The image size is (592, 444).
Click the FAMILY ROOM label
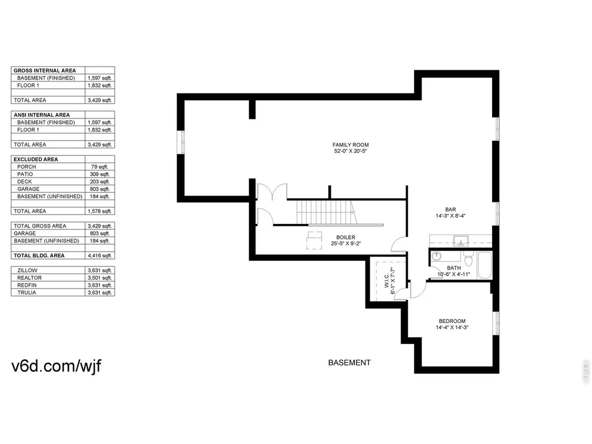(350, 145)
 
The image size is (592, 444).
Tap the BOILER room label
(346, 237)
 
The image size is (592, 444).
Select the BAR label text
(450, 209)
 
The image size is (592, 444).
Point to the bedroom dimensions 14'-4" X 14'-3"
(452, 328)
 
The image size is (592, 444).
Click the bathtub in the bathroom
(485, 265)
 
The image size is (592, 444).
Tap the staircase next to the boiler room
(325, 213)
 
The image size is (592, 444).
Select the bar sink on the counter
(461, 241)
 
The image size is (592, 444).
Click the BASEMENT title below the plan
(349, 363)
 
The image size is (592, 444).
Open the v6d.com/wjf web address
(56, 366)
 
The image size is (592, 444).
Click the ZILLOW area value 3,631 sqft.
(100, 270)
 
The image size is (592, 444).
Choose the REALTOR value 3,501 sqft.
(100, 278)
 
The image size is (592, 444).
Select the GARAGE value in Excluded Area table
(100, 189)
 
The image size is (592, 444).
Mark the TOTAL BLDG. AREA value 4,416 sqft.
(100, 255)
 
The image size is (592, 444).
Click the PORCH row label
(26, 167)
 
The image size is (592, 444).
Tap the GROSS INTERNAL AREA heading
(44, 71)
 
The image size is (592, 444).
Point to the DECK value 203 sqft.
(100, 182)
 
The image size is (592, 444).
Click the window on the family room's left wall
(181, 142)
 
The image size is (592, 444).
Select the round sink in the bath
(437, 256)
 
